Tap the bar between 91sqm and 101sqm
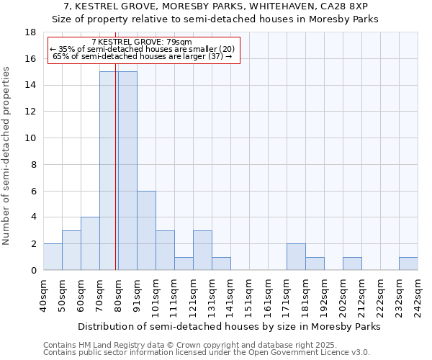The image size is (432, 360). point(146,230)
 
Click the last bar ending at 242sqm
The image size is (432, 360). point(408,264)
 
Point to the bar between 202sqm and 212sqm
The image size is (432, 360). point(352,264)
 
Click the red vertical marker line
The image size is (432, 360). point(116,180)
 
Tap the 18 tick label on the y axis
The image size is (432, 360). point(30,32)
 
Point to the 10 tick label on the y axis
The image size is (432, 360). point(30,138)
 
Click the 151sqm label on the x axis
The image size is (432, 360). point(249,295)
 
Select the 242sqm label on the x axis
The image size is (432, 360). point(418,295)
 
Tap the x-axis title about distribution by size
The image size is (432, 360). point(228,326)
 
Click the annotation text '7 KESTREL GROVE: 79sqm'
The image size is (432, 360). point(142,42)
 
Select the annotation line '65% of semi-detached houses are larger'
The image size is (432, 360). point(142,55)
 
